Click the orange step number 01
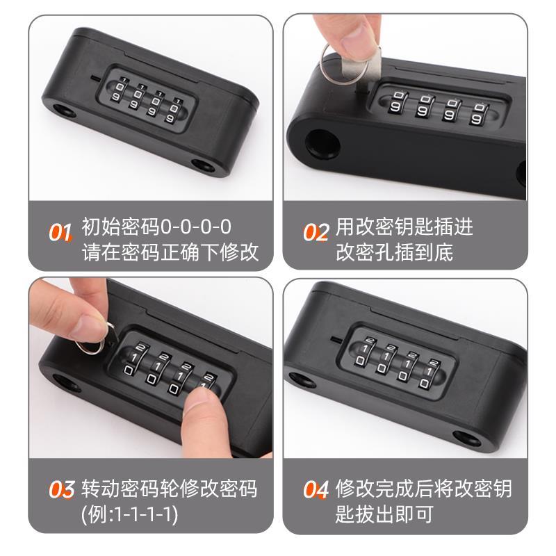[60, 231]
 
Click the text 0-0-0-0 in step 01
[196, 227]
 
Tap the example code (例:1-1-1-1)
[129, 514]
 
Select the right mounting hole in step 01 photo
[204, 167]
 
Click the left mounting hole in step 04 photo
[300, 380]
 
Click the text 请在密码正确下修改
[170, 251]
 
